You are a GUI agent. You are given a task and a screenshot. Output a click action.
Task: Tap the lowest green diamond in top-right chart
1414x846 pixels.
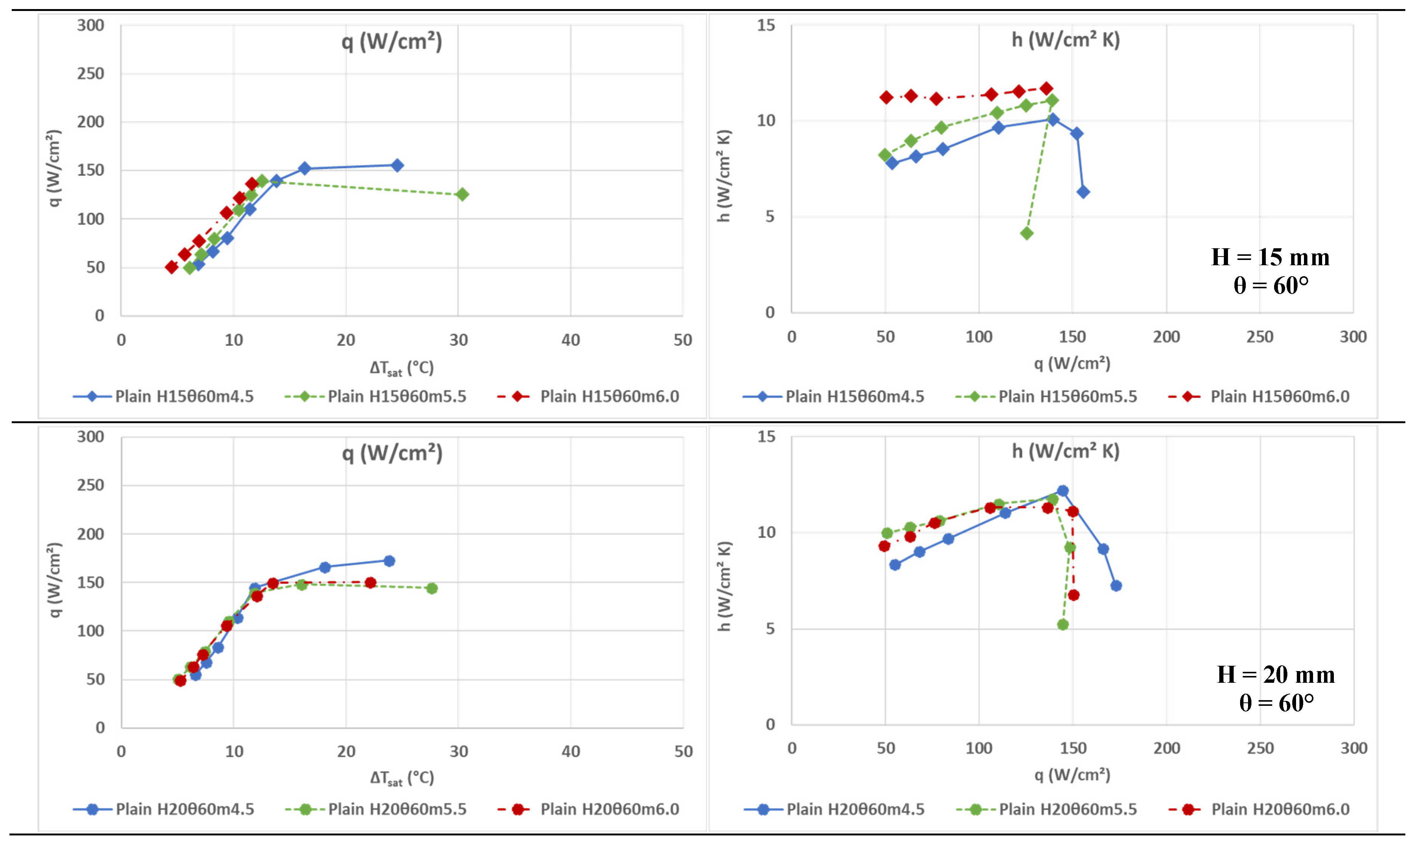tap(1027, 233)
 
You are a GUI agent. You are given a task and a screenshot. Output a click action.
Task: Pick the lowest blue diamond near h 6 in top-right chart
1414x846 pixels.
tap(1083, 192)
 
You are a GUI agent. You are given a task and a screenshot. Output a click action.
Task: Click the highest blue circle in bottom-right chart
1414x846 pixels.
tap(1063, 491)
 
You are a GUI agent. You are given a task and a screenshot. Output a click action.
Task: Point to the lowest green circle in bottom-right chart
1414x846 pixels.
tap(1063, 625)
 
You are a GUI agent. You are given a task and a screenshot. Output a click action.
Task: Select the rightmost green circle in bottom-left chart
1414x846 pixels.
tap(432, 588)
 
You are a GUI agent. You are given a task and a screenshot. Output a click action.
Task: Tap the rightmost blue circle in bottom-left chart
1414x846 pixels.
tap(389, 561)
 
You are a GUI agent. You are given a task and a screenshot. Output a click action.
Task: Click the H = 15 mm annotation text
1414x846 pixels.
tap(1270, 258)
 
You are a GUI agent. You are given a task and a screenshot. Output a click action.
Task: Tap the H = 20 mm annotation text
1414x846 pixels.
tap(1276, 675)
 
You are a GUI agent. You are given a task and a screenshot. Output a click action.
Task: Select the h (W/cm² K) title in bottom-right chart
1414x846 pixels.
tap(1065, 452)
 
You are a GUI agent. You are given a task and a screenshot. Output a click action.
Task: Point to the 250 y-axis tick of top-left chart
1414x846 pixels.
tap(91, 74)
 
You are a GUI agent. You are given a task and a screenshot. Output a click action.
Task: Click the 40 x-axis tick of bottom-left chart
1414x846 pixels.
tap(571, 752)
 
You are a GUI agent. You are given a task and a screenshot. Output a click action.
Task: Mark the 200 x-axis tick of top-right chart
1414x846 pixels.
tap(1166, 337)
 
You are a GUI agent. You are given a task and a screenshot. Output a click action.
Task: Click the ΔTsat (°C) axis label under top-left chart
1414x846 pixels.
tap(402, 368)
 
